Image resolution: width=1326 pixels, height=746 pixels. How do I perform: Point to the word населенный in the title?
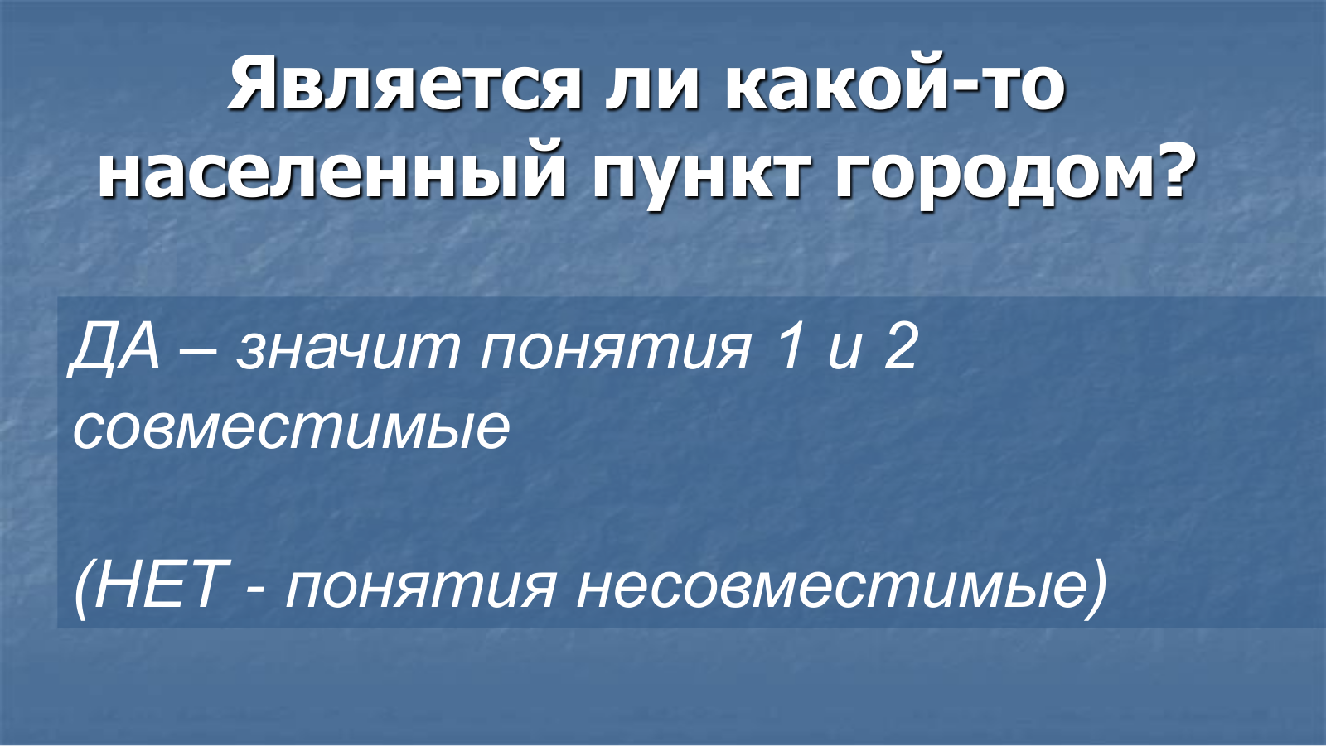(332, 175)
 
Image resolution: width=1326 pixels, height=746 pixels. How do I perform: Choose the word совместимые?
(291, 430)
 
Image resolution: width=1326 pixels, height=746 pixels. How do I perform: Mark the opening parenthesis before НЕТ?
(83, 589)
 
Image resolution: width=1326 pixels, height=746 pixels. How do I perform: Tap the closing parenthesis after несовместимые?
(1097, 589)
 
